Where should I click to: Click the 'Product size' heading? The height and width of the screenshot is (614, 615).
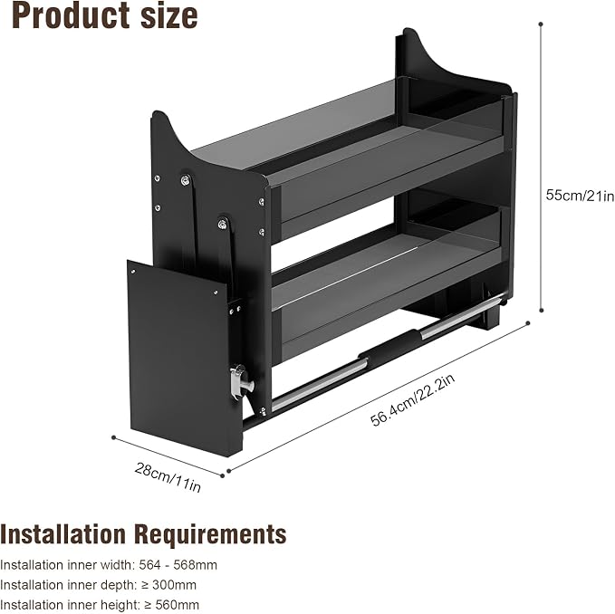[105, 15]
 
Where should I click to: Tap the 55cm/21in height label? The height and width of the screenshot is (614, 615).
[580, 195]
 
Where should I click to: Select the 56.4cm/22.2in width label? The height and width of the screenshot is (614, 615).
[413, 399]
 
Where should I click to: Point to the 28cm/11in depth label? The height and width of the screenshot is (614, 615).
[168, 477]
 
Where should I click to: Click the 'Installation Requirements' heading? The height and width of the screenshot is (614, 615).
[143, 534]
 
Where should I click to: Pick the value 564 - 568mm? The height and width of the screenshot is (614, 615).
[178, 565]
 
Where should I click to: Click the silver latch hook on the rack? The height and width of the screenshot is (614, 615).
[241, 381]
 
